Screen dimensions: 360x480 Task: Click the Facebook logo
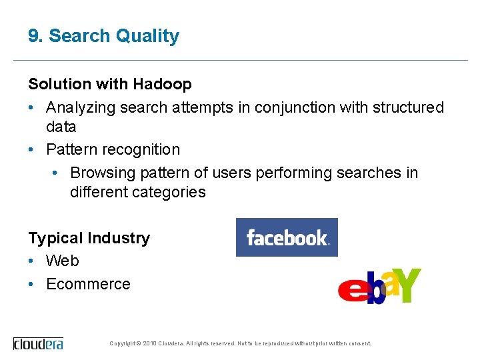point(287,237)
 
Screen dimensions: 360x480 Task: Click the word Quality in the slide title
point(147,36)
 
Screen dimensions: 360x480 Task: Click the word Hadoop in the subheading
point(162,84)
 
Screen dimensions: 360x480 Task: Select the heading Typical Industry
point(89,238)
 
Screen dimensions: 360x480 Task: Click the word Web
point(63,261)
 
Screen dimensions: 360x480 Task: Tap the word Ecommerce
point(88,284)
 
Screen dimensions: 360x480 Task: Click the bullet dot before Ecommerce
point(32,284)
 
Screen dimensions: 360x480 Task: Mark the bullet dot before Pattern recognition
point(32,149)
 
